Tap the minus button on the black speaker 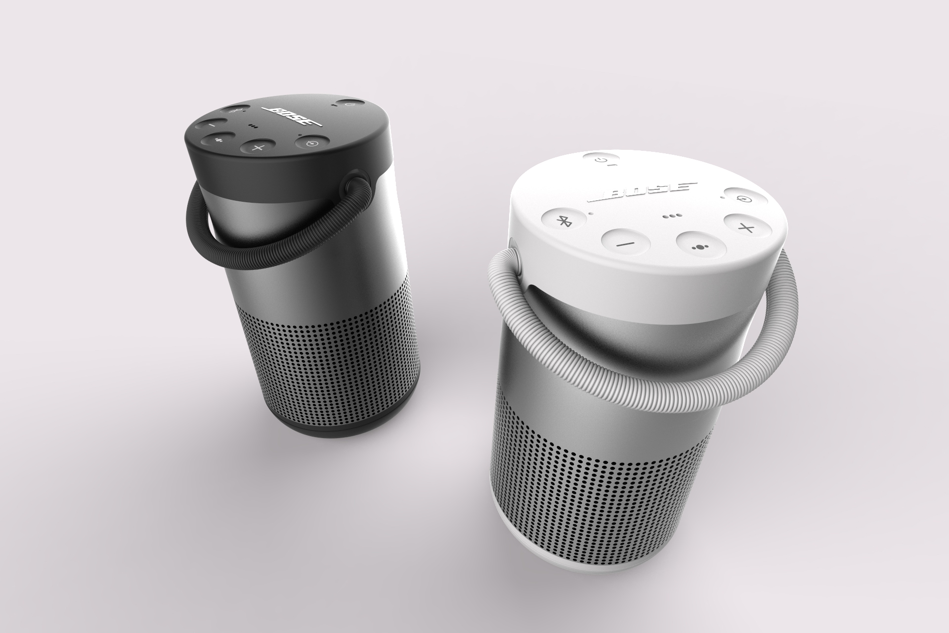210,126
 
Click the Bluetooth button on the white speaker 562,221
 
